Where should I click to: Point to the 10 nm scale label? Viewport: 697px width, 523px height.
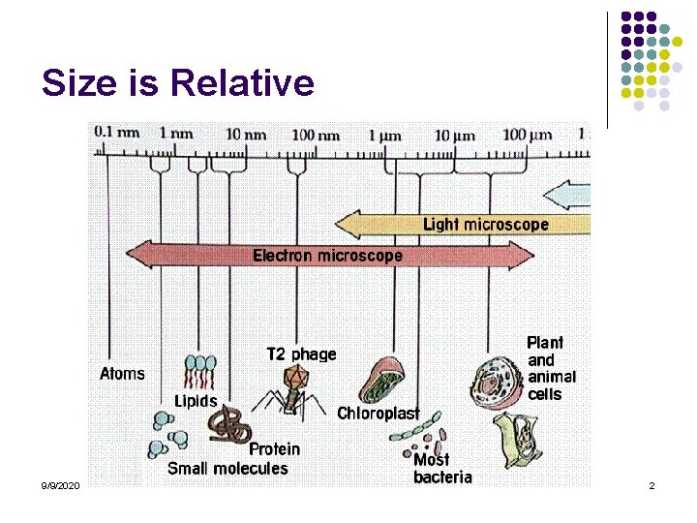(245, 135)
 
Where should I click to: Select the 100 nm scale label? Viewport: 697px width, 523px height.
(316, 135)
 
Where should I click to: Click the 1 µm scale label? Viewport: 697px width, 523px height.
(384, 135)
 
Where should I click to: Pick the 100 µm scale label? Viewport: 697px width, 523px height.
(527, 135)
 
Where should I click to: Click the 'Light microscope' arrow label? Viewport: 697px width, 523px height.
(486, 225)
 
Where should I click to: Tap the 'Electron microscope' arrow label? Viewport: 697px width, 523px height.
(327, 256)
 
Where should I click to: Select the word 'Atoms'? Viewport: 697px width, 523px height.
(123, 373)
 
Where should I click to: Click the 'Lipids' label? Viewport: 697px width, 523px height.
(196, 401)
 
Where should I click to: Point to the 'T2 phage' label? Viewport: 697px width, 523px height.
(301, 354)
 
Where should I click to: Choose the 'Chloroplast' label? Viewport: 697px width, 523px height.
(379, 414)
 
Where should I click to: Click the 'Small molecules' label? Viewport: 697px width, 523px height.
(227, 469)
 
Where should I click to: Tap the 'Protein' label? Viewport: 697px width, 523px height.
(274, 449)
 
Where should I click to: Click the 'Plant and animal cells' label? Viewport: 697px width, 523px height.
(551, 368)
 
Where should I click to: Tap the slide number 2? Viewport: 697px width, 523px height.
(652, 485)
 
